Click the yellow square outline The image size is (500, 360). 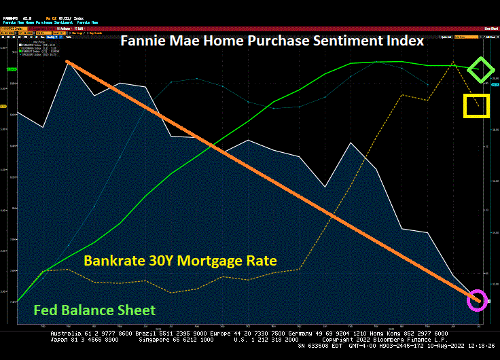point(476,105)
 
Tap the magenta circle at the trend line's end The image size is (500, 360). point(478,299)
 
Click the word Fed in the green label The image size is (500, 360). point(47,310)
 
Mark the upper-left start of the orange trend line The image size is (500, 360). point(67,62)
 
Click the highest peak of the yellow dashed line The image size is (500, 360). point(452,62)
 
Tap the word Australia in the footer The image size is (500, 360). point(65,334)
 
